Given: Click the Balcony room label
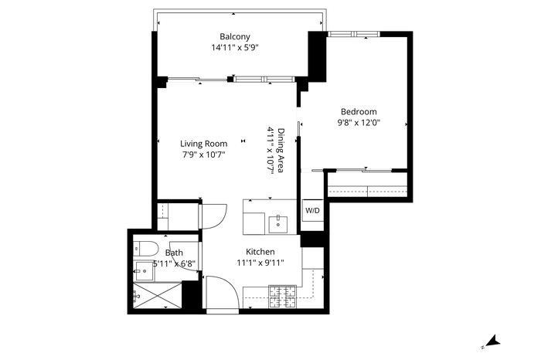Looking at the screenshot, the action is pos(235,36).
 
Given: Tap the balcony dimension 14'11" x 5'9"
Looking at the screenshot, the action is pos(235,47).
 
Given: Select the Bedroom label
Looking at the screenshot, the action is pos(359,112).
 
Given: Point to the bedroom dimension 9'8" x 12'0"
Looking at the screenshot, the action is pos(359,122).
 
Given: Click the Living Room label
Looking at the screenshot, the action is pos(203,144).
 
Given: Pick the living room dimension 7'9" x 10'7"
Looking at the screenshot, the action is pos(203,155).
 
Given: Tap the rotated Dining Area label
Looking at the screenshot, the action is pos(281,151).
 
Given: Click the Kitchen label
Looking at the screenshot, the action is pos(260,252).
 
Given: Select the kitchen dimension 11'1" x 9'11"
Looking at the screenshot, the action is pos(260,263).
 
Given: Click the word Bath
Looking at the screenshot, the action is pos(174,253).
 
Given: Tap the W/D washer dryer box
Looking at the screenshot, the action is pos(312,210).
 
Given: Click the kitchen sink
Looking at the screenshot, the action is pos(278,225).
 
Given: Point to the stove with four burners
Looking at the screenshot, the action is pos(283,297).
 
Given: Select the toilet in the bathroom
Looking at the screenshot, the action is pos(145,248).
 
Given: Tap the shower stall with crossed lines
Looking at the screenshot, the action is pos(158,296).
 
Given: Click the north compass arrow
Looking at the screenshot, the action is pos(493,341).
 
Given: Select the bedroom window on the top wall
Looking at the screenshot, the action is pos(354,34).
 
